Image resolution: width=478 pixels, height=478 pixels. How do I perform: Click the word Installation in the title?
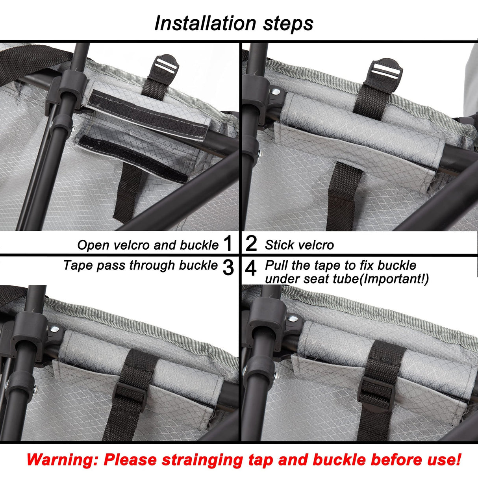pos(205,23)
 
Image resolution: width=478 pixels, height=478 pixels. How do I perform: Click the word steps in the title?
pos(288,24)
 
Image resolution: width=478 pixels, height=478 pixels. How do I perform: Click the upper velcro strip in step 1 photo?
pos(149,115)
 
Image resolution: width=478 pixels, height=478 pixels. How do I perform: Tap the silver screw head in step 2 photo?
pos(276,92)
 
